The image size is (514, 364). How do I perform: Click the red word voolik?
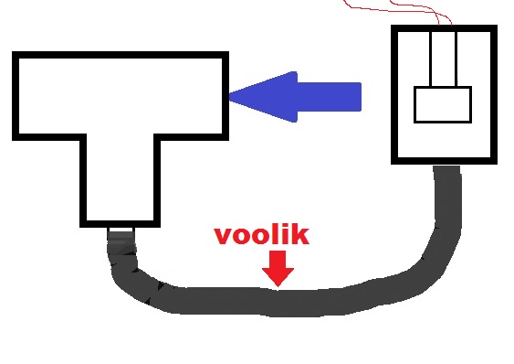tap(261, 235)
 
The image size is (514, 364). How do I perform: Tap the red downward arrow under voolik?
tap(278, 268)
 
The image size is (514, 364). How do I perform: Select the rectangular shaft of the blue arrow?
tap(329, 97)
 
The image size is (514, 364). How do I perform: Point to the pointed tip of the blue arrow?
tap(229, 97)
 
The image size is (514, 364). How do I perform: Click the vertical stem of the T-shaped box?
tap(121, 180)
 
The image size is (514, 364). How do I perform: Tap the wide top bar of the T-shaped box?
tap(121, 96)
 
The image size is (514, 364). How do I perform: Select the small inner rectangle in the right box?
tap(443, 104)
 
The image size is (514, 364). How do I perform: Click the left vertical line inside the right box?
tap(431, 59)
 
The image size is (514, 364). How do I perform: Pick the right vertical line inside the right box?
tap(456, 59)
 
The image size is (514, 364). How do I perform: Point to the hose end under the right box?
tap(446, 171)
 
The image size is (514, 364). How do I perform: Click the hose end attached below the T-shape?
tap(121, 238)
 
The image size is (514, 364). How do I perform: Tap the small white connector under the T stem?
tap(121, 230)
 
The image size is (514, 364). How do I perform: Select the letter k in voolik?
tap(300, 235)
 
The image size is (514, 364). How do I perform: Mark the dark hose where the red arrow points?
tap(278, 302)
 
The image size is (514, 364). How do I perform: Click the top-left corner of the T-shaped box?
tap(13, 52)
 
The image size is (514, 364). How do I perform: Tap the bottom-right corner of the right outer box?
tap(497, 164)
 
